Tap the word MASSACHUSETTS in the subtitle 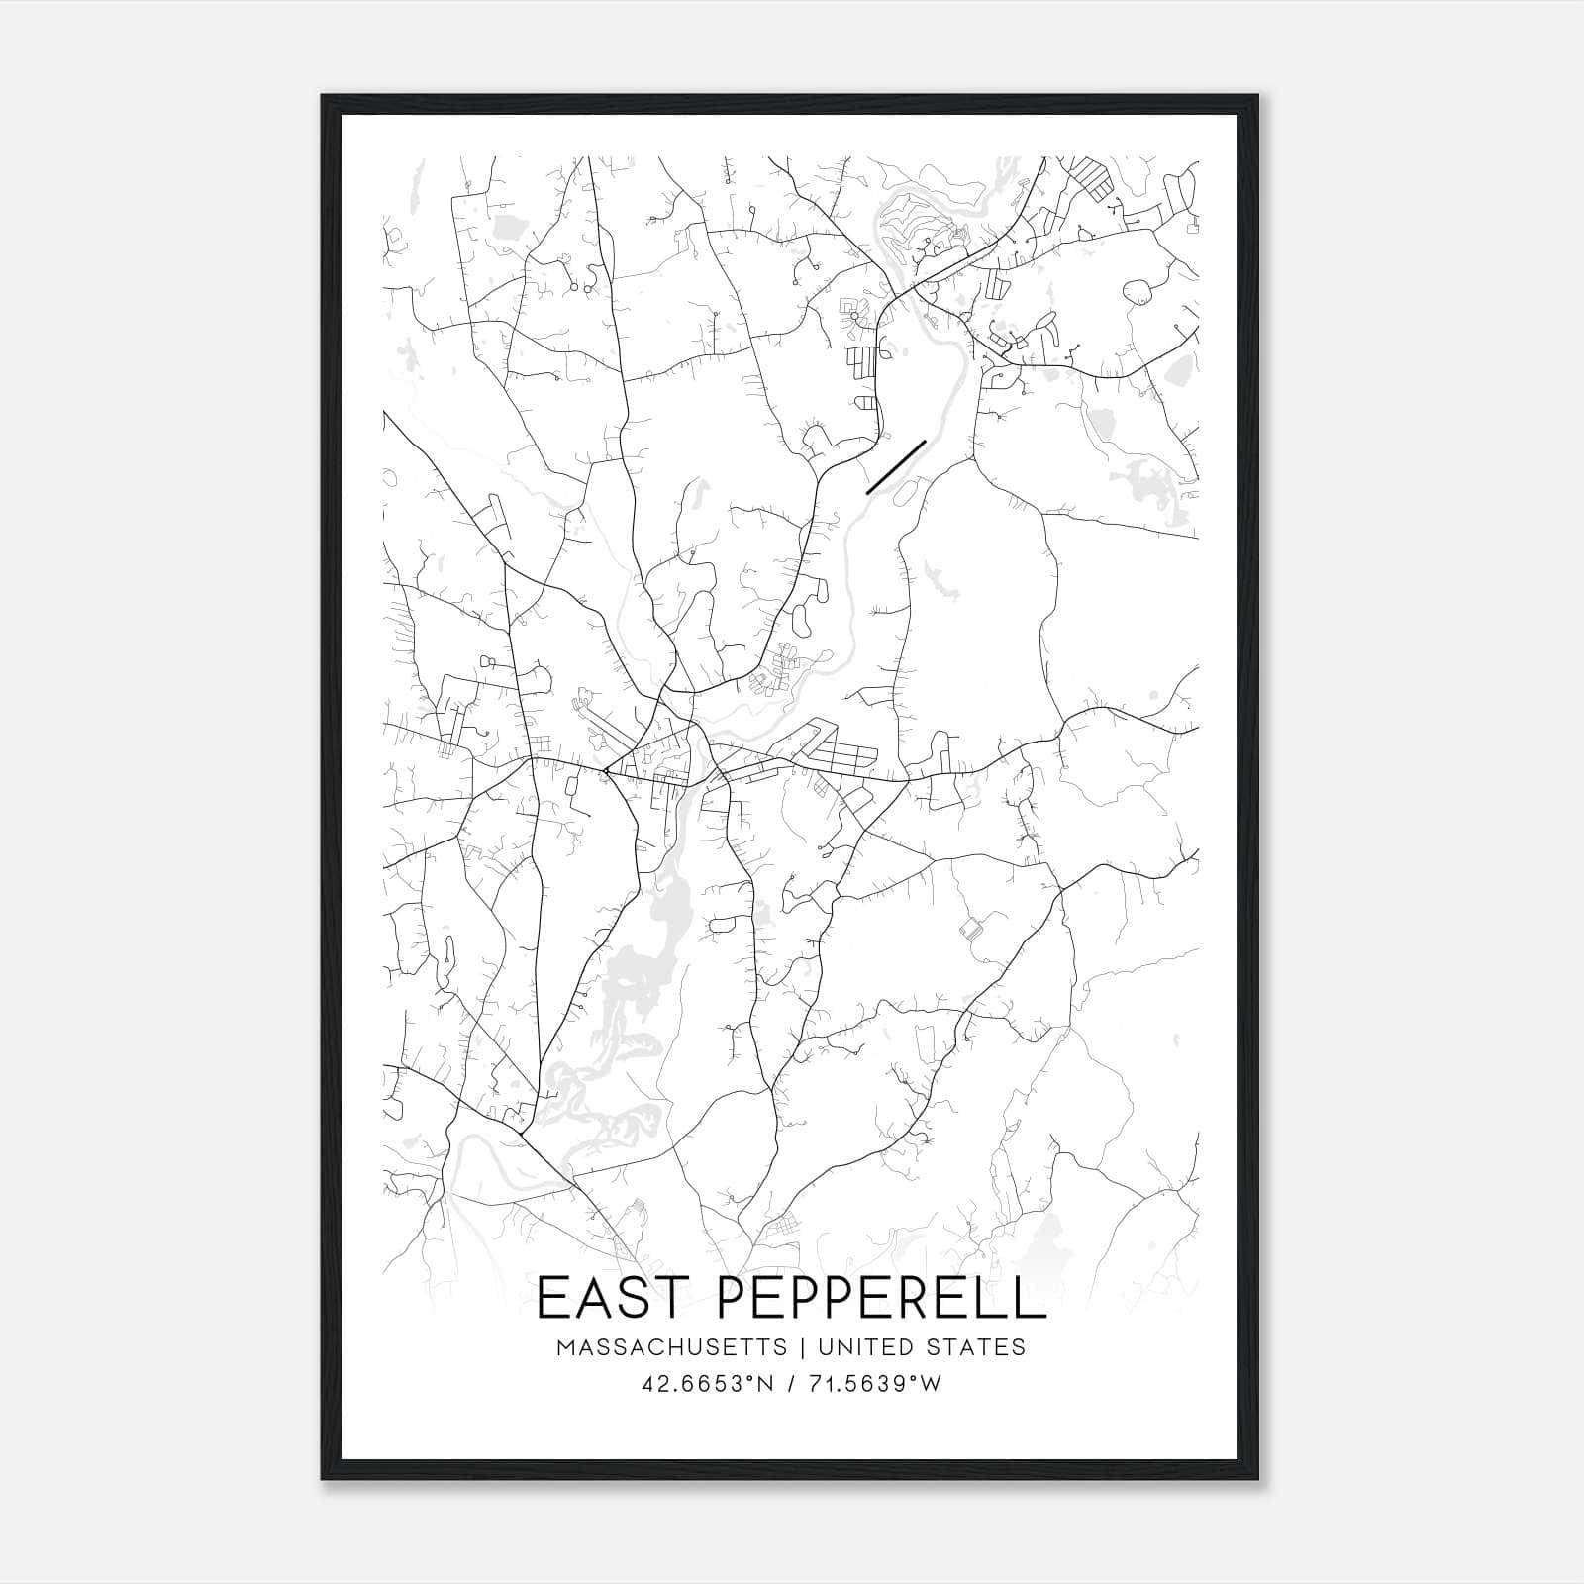tap(672, 1348)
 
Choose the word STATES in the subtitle tap(977, 1348)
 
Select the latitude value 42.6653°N tap(708, 1385)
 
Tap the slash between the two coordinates tap(792, 1385)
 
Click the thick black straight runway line tap(895, 466)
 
